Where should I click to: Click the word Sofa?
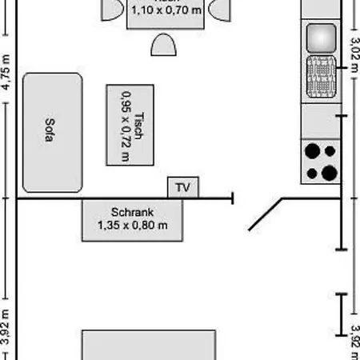pos(49,132)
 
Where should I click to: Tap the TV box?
pos(183,188)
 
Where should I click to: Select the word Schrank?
pos(133,213)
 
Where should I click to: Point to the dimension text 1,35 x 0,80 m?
pos(133,226)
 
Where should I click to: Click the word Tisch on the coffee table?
pos(138,125)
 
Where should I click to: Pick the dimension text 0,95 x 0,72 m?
pos(125,125)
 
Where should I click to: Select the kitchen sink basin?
pos(322,37)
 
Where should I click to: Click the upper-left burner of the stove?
pos(312,150)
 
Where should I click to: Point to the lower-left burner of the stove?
pos(311,170)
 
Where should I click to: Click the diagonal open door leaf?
pos(266,214)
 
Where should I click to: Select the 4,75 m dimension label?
pos(6,72)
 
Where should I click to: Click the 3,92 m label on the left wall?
pos(6,328)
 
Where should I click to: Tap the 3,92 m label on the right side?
pos(354,336)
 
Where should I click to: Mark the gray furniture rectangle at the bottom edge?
pos(148,345)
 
